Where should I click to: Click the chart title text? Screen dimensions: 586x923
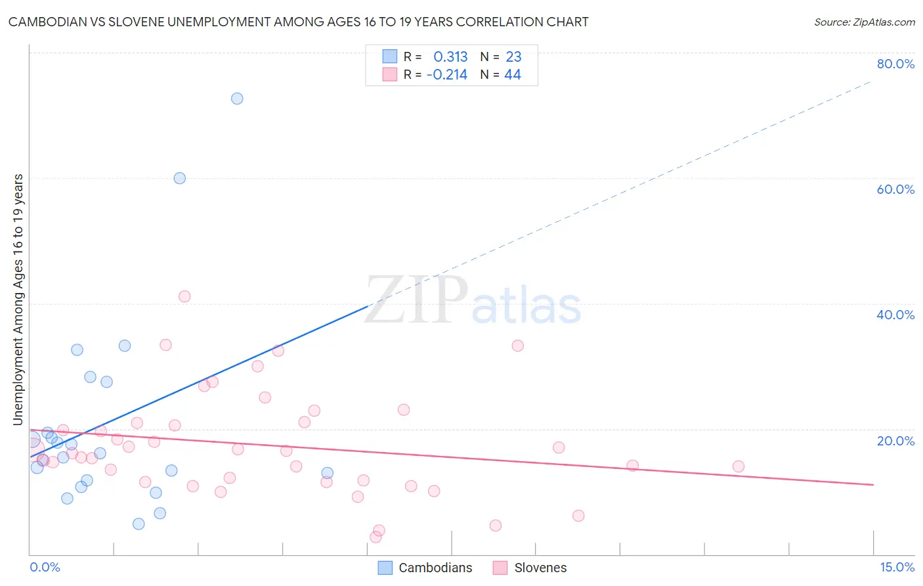coord(298,22)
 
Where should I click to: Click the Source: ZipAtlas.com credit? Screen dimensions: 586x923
coord(864,22)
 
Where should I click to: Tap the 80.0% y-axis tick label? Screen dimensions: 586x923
coord(895,64)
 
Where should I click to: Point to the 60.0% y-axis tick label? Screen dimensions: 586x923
coord(895,189)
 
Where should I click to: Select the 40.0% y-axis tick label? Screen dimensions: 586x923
coord(895,315)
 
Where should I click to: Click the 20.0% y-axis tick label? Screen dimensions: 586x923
coord(895,441)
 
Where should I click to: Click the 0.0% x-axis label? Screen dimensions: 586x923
coord(45,567)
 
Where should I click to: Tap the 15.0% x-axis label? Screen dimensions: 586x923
coord(897,567)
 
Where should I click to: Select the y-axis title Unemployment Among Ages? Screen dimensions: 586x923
coord(18,300)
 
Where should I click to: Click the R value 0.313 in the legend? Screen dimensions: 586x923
coord(450,57)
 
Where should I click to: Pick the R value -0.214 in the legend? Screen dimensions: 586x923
coord(447,75)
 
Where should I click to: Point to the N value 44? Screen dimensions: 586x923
coord(512,75)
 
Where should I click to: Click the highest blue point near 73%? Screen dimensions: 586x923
coord(237,99)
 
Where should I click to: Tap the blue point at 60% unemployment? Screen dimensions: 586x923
coord(179,178)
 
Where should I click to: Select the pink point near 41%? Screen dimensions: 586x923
coord(184,296)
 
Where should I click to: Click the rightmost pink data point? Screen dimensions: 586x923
coord(738,466)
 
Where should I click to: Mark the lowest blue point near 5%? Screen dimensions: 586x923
coord(139,524)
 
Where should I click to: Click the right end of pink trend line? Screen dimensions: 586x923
coord(873,484)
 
